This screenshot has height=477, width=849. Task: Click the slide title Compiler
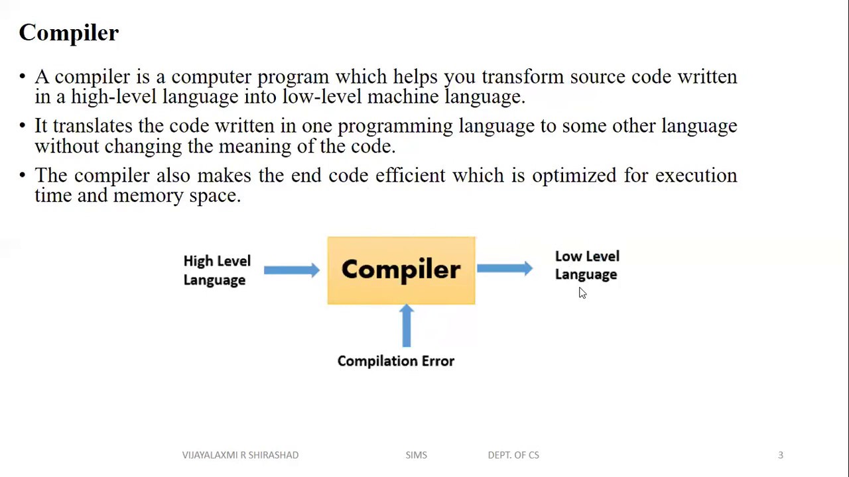coord(68,33)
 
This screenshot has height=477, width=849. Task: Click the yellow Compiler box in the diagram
coord(401,270)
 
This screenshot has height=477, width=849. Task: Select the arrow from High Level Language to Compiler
coord(291,270)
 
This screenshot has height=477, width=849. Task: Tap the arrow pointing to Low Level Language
coord(504,268)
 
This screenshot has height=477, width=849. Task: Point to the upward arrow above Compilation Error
coord(407,325)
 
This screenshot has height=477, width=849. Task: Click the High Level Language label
coord(216,270)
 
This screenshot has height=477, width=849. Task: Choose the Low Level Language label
coord(587,265)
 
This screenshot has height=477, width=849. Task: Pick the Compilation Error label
coord(395,361)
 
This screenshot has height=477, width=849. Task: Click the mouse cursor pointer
coord(582,293)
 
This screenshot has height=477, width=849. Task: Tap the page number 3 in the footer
coord(781,455)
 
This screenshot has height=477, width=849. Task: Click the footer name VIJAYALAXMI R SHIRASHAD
coord(240,455)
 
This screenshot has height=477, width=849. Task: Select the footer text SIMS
coord(416,455)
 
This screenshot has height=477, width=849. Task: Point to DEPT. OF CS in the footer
coord(513,455)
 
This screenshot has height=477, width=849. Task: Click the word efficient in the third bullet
coord(410,176)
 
